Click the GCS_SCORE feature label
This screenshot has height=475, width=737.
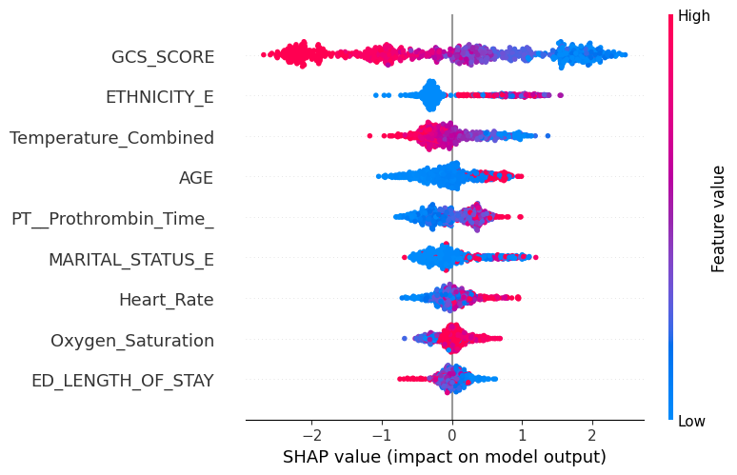pyautogui.click(x=163, y=56)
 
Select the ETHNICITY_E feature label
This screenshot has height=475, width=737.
pyautogui.click(x=159, y=97)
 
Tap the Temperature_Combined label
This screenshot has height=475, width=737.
pyautogui.click(x=111, y=138)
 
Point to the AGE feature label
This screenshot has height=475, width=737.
pyautogui.click(x=196, y=178)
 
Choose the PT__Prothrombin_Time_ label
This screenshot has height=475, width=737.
pyautogui.click(x=112, y=219)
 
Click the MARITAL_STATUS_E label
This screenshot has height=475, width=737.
pyautogui.click(x=131, y=260)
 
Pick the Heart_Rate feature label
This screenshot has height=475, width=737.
pyautogui.click(x=166, y=300)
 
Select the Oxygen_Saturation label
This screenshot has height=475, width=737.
pyautogui.click(x=132, y=341)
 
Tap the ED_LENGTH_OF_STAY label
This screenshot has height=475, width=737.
pyautogui.click(x=122, y=381)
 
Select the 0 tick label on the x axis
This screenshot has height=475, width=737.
pyautogui.click(x=452, y=435)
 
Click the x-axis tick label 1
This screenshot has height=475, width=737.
pyautogui.click(x=523, y=435)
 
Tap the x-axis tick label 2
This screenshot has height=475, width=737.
pyautogui.click(x=593, y=435)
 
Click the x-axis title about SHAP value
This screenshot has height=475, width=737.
pyautogui.click(x=445, y=457)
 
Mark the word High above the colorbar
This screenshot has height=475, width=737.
pyautogui.click(x=693, y=15)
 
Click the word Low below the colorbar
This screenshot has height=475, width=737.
pyautogui.click(x=691, y=422)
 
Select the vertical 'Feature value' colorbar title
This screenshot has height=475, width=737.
pyautogui.click(x=719, y=218)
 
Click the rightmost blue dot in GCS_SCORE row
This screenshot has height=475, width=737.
pyautogui.click(x=625, y=54)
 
